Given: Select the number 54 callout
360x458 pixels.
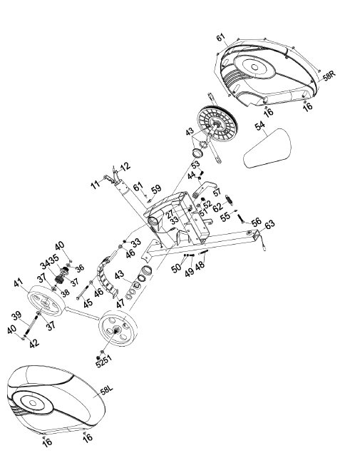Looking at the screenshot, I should pyautogui.click(x=259, y=126).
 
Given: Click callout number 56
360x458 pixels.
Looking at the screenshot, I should pyautogui.click(x=256, y=222).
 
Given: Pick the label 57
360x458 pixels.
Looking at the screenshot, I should pyautogui.click(x=217, y=193).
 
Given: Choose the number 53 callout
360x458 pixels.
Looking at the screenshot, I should pyautogui.click(x=195, y=165).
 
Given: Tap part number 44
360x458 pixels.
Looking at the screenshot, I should pyautogui.click(x=191, y=175).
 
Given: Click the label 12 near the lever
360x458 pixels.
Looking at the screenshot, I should pyautogui.click(x=125, y=166).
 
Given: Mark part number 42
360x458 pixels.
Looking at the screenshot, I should pyautogui.click(x=34, y=343).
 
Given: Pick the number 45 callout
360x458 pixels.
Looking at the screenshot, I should pyautogui.click(x=88, y=302).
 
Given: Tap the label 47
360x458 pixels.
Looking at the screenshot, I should pyautogui.click(x=119, y=302).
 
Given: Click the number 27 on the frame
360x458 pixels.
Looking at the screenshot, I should pyautogui.click(x=170, y=213).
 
